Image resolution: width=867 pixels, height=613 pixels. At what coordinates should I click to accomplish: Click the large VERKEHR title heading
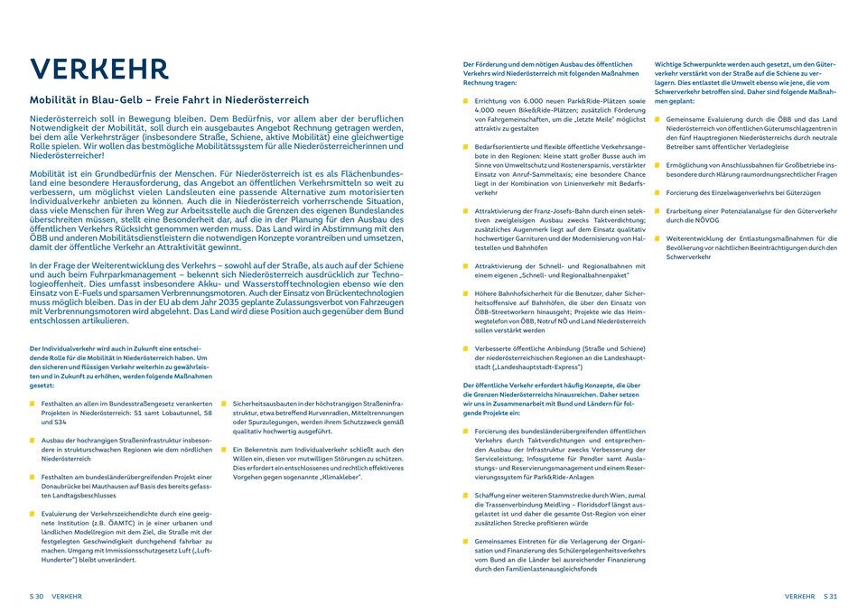tap(98, 70)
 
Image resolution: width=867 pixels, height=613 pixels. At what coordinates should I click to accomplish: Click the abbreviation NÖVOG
tap(705, 219)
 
